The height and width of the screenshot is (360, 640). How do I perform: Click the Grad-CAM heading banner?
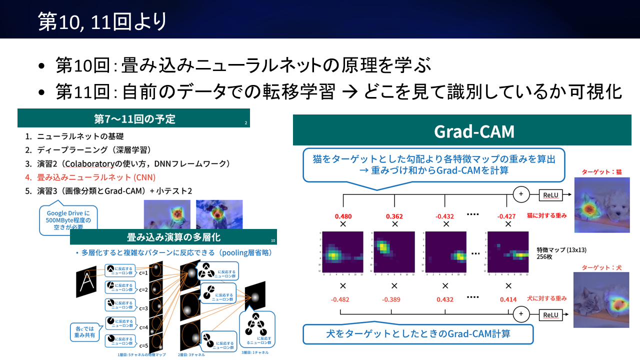[x=474, y=131]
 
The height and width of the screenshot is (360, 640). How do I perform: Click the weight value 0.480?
[x=343, y=216]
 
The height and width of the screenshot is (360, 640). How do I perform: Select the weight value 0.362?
[x=394, y=216]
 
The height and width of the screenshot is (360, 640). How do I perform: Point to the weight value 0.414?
[x=508, y=299]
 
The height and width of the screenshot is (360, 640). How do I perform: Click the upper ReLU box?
[x=550, y=194]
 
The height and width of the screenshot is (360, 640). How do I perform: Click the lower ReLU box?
[x=550, y=314]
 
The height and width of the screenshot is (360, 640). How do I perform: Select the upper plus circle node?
[x=521, y=194]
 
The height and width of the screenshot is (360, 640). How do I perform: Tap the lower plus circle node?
[x=521, y=314]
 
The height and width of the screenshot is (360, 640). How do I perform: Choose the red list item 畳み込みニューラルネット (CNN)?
[x=96, y=177]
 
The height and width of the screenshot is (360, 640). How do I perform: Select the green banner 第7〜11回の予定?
[x=134, y=119]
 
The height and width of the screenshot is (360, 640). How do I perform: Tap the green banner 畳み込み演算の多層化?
[x=173, y=237]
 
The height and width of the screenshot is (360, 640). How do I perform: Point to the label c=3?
[x=143, y=308]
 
